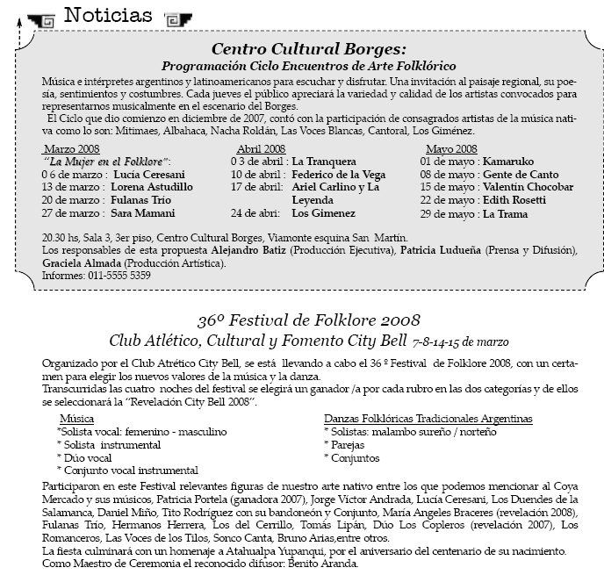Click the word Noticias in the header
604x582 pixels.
tap(108, 15)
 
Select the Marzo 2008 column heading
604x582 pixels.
tap(72, 149)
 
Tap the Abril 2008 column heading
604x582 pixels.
tap(261, 149)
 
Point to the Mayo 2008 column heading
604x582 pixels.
tap(451, 149)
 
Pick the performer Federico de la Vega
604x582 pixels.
tap(338, 175)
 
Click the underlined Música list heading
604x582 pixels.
tap(75, 420)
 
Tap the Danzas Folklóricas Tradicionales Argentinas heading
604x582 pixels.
tap(428, 420)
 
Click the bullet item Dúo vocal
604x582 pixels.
tap(90, 458)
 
